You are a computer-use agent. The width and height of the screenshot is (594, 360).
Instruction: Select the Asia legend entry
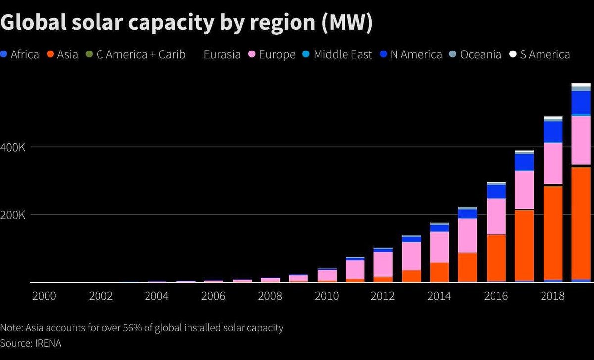pos(62,54)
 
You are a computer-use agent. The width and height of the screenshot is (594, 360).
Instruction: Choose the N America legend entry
pos(411,54)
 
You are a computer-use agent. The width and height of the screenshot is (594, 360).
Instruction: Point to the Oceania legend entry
pos(476,54)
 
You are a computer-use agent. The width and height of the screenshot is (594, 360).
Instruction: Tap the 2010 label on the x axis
pos(327,296)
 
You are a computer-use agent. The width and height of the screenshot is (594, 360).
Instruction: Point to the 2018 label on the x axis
pos(553,296)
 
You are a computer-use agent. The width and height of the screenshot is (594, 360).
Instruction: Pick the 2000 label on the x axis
pos(44,296)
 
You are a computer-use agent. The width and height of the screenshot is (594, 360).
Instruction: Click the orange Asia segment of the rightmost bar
pos(581,223)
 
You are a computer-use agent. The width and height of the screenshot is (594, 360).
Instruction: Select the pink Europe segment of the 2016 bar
pos(496,216)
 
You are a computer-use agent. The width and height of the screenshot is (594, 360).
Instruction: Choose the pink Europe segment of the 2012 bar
pos(383,264)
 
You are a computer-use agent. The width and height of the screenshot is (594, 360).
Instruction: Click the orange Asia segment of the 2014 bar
pos(439,272)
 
